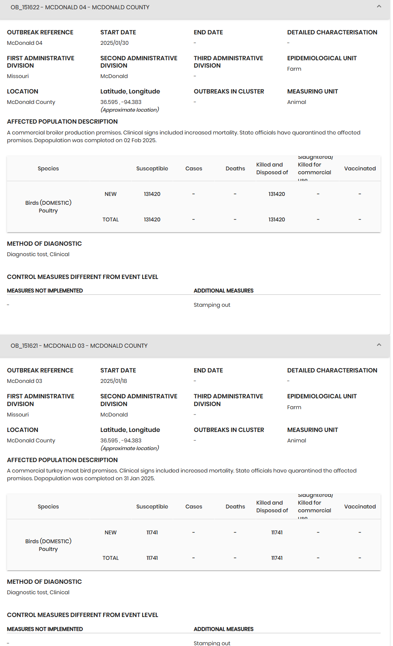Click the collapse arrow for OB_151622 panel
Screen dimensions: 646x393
(379, 7)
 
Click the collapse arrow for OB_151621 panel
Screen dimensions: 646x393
(379, 345)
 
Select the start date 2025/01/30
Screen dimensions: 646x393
(114, 43)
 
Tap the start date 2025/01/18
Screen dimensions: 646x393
(114, 381)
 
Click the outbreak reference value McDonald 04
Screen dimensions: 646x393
(25, 43)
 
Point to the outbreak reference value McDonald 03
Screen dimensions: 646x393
(25, 381)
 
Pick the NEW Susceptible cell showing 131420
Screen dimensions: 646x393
(152, 194)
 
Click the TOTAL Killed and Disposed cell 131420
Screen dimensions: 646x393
(277, 219)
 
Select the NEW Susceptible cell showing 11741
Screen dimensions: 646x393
(152, 532)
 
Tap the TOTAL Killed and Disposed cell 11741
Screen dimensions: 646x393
(277, 558)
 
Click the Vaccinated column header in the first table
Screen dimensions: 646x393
(360, 168)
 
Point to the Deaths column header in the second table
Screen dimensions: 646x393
(235, 507)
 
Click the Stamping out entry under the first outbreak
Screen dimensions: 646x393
(212, 305)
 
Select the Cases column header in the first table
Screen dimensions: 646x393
(194, 168)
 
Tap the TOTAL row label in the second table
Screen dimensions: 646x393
(111, 558)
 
